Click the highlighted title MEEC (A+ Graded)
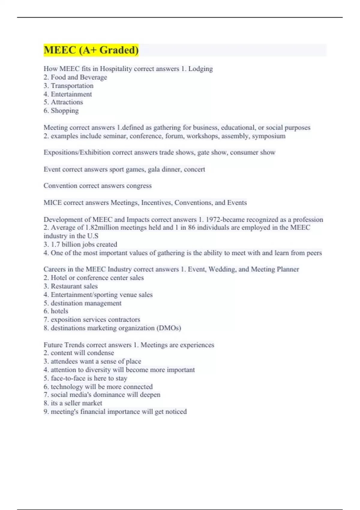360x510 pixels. [x=91, y=50]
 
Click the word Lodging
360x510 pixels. [x=200, y=69]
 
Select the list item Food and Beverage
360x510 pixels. [x=79, y=77]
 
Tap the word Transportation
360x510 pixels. [x=72, y=85]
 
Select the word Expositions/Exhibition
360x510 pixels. [x=77, y=152]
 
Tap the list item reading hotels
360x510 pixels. [x=59, y=311]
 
